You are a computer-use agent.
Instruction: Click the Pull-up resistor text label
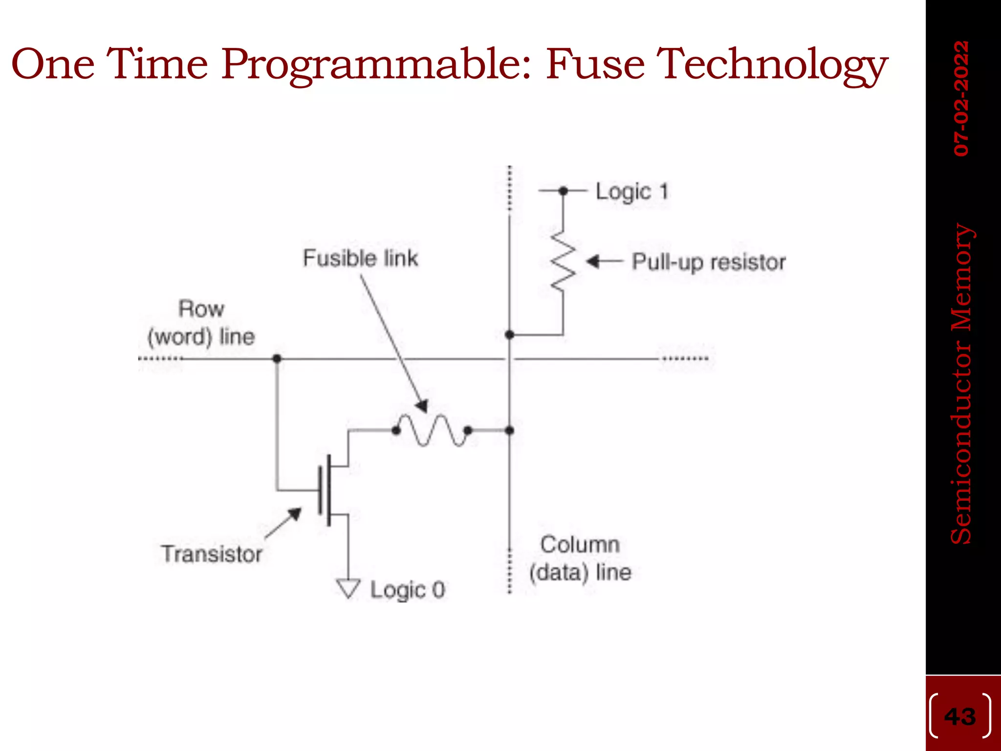tap(709, 263)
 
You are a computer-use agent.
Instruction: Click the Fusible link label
tap(360, 258)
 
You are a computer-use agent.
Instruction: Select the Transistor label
tap(212, 554)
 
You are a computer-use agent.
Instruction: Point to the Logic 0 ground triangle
tap(348, 587)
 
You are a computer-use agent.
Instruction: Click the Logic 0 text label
tap(408, 590)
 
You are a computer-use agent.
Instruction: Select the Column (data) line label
tap(581, 558)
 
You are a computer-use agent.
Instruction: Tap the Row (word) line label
tap(201, 323)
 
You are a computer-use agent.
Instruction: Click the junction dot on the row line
tap(277, 359)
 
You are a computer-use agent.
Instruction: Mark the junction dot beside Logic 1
tap(563, 191)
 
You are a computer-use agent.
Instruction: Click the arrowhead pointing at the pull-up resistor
tap(593, 262)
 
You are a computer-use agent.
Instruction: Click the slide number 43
tap(960, 717)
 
